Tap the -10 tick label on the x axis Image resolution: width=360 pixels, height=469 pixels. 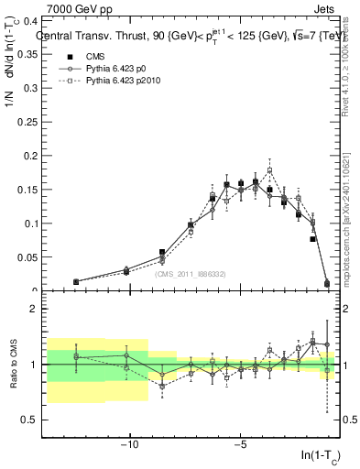click(x=130, y=445)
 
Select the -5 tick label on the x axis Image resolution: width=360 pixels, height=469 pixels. click(x=241, y=445)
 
